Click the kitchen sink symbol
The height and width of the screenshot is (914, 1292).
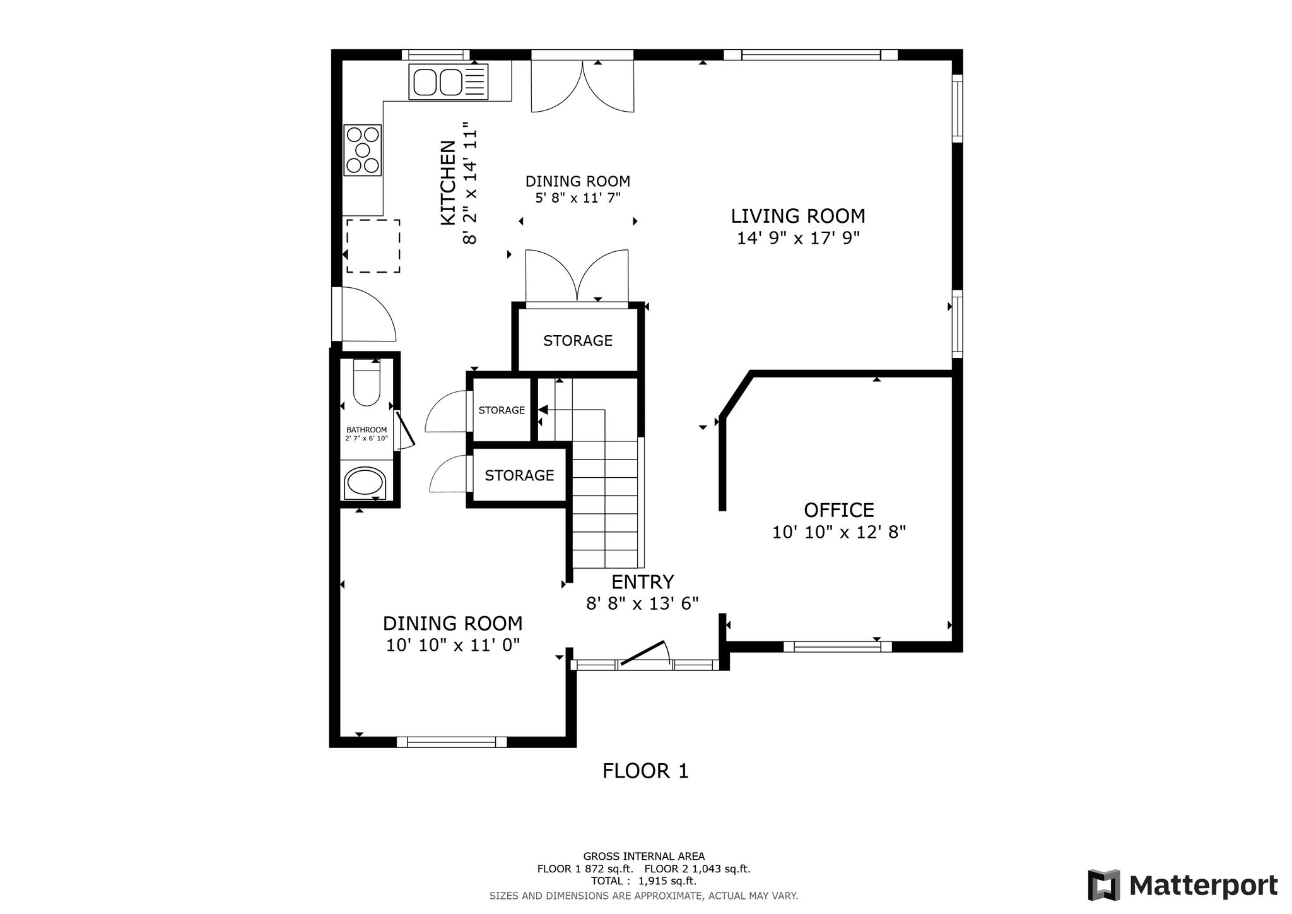[x=449, y=82]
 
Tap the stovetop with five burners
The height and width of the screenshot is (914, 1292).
[x=363, y=150]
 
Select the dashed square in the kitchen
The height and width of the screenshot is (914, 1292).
[x=373, y=246]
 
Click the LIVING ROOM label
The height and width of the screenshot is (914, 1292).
[x=798, y=216]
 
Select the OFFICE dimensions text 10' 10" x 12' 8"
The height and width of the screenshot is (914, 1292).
[x=839, y=532]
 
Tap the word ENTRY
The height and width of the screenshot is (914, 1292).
[x=643, y=581]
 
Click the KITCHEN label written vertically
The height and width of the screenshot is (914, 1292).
[x=448, y=182]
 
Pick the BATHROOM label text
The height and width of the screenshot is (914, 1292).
[x=367, y=430]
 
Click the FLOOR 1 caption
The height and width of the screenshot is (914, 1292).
[x=645, y=771]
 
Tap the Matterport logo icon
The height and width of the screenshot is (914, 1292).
[x=1103, y=885]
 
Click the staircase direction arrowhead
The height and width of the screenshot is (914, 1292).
[x=543, y=410]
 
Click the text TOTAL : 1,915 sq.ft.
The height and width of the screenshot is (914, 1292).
[x=643, y=881]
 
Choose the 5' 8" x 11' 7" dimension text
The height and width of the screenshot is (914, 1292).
[x=578, y=198]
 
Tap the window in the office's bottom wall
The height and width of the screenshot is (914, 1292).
[x=838, y=646]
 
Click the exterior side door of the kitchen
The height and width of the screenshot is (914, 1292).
[x=337, y=314]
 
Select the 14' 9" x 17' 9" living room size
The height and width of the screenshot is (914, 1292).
[x=798, y=238]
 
